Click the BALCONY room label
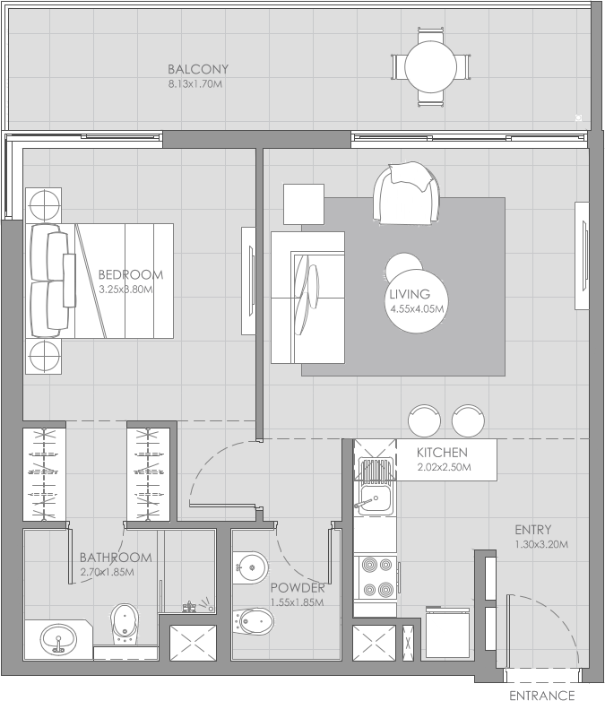198,69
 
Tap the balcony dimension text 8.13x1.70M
194,83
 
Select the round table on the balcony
432,65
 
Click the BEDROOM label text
131,275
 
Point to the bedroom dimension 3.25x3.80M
126,290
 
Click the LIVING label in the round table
410,294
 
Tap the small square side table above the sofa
304,203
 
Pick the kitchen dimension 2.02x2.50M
444,467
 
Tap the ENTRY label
532,530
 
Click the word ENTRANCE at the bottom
541,695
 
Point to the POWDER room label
297,588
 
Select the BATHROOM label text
116,558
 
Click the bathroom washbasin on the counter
59,639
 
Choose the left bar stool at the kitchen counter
425,420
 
